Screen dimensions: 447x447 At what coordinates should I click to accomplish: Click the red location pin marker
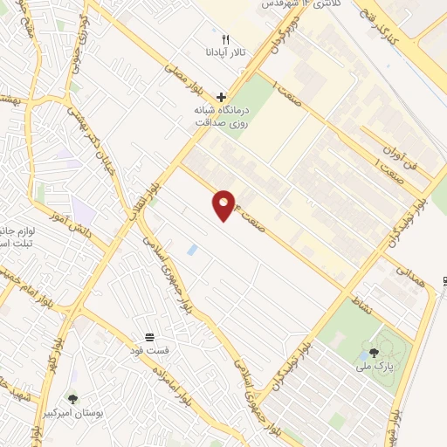(225, 204)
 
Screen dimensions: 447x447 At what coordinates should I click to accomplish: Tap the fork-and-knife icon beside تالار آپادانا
(225, 39)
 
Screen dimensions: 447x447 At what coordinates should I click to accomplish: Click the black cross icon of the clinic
(222, 97)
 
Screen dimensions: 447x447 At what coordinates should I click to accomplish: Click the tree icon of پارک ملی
(375, 353)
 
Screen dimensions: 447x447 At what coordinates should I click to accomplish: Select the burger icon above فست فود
(150, 337)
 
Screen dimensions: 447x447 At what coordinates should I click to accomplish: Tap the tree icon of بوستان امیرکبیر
(72, 398)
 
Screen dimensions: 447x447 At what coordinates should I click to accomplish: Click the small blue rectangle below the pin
(192, 251)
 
